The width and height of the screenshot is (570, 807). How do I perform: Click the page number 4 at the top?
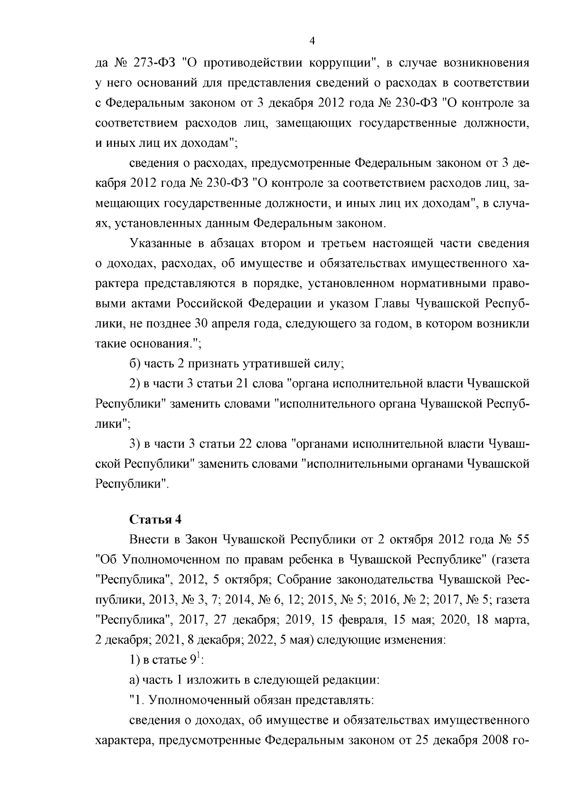click(x=312, y=41)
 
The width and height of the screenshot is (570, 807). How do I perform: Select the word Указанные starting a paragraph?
click(x=160, y=244)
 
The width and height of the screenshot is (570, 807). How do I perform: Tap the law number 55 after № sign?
click(x=521, y=539)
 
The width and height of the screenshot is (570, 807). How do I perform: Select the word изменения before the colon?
click(x=411, y=640)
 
